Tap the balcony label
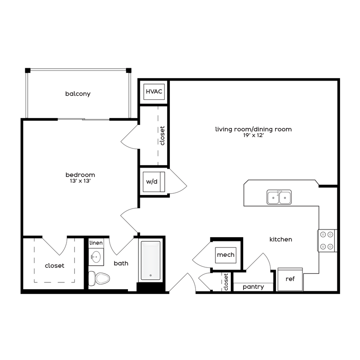click(x=78, y=94)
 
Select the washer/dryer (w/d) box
click(x=152, y=182)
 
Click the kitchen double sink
click(x=279, y=197)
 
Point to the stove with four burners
click(x=327, y=240)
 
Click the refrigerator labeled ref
click(x=290, y=279)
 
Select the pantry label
click(x=253, y=287)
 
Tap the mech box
click(x=226, y=255)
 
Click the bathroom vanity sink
click(x=96, y=257)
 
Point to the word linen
click(x=96, y=243)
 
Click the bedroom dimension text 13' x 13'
click(x=80, y=181)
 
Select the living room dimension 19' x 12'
click(x=253, y=135)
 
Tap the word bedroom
click(x=80, y=174)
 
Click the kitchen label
click(x=281, y=239)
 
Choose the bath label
click(x=121, y=264)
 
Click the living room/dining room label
click(x=253, y=129)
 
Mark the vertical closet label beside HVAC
click(x=162, y=136)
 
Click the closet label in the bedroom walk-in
click(x=55, y=266)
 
